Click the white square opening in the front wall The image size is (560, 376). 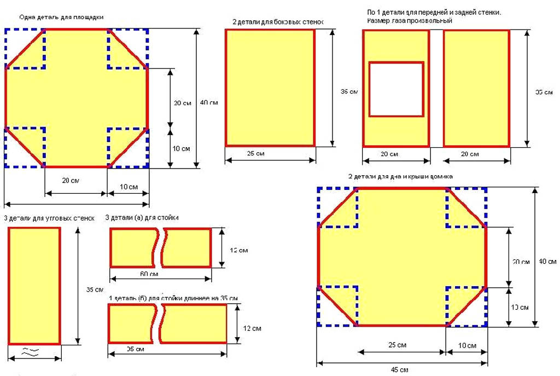click(396, 89)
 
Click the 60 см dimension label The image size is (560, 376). click(150, 274)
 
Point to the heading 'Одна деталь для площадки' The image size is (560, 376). click(61, 17)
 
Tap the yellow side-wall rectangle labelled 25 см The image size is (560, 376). click(270, 88)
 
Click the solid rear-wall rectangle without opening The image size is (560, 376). click(476, 88)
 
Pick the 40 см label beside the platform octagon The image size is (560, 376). click(209, 103)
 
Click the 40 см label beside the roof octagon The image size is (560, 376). click(547, 262)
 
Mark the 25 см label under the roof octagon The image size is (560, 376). click(398, 345)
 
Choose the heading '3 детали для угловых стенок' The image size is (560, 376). click(49, 218)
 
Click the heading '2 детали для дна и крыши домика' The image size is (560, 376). click(400, 176)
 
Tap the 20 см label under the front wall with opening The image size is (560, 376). click(389, 154)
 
